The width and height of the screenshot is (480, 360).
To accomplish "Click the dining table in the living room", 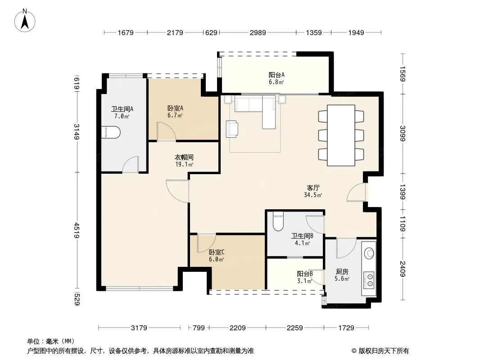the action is tap(341, 135).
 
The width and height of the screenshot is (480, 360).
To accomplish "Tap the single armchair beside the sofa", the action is tap(232, 129).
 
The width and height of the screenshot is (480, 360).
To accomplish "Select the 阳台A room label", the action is tap(276, 75).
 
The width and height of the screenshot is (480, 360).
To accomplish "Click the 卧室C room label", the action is tap(217, 252).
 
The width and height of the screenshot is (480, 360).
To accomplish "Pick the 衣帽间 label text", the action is tap(184, 157).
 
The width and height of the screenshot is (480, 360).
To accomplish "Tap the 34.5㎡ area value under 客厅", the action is tap(313, 195).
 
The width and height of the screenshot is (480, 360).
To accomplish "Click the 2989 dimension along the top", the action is tap(258, 32).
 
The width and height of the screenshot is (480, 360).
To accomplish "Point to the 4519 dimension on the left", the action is tap(77, 230).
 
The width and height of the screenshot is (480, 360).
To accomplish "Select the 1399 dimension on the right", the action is tap(403, 192).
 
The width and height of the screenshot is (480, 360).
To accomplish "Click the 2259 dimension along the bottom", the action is tap(295, 328).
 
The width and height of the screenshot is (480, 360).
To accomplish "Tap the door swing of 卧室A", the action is tap(166, 131).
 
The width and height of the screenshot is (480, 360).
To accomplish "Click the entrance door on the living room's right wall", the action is tap(356, 193).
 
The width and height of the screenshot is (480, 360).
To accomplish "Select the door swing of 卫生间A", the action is tap(131, 165).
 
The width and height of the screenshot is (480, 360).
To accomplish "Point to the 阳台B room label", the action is tap(305, 274).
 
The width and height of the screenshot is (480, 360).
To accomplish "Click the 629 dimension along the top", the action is tap(211, 32).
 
